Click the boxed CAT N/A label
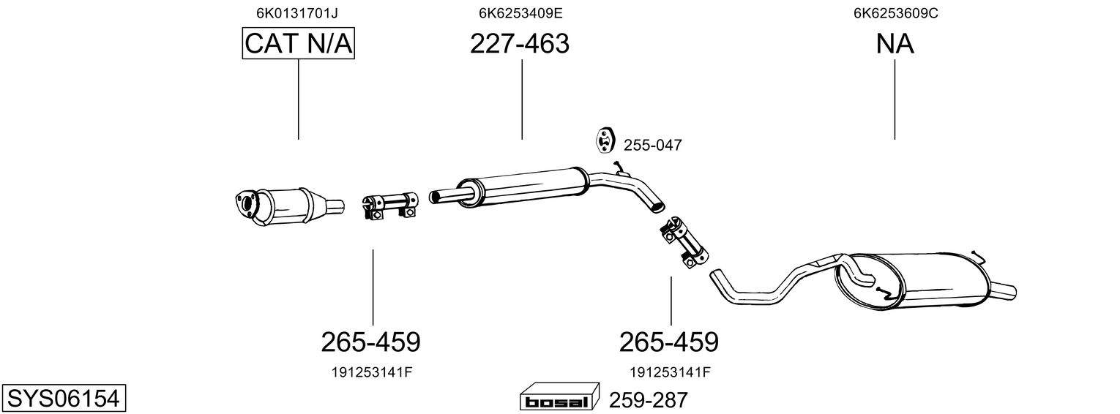(299, 44)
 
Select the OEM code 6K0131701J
(297, 13)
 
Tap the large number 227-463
(520, 44)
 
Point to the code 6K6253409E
(520, 13)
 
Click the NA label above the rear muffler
(895, 44)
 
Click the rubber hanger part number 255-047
(652, 146)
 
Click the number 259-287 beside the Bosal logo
(649, 400)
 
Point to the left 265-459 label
(370, 342)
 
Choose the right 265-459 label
(669, 342)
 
